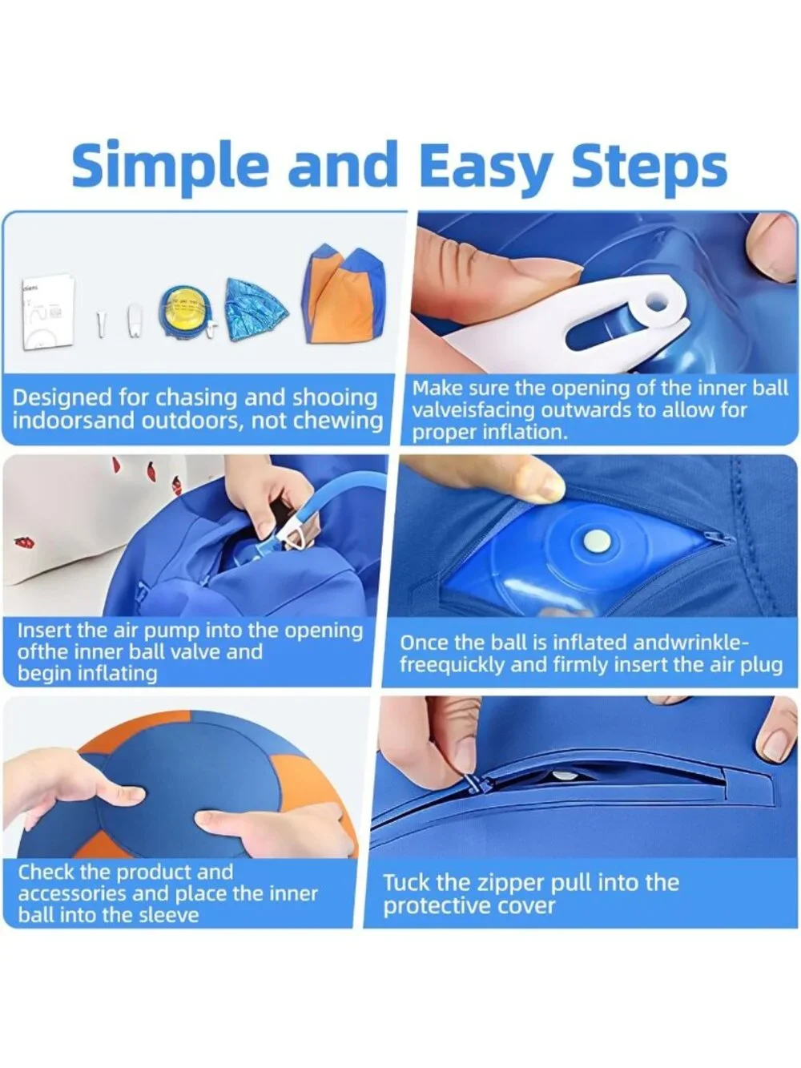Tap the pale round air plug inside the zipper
[597, 541]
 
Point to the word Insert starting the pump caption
[43, 631]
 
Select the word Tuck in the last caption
[405, 882]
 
